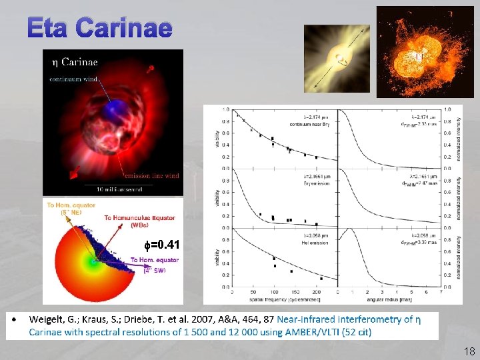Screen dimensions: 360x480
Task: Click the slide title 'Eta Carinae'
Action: pos(100,27)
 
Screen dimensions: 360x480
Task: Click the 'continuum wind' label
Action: pos(73,79)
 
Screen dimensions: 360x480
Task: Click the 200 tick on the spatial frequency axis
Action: pos(317,293)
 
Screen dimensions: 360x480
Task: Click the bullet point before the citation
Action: pos(14,320)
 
